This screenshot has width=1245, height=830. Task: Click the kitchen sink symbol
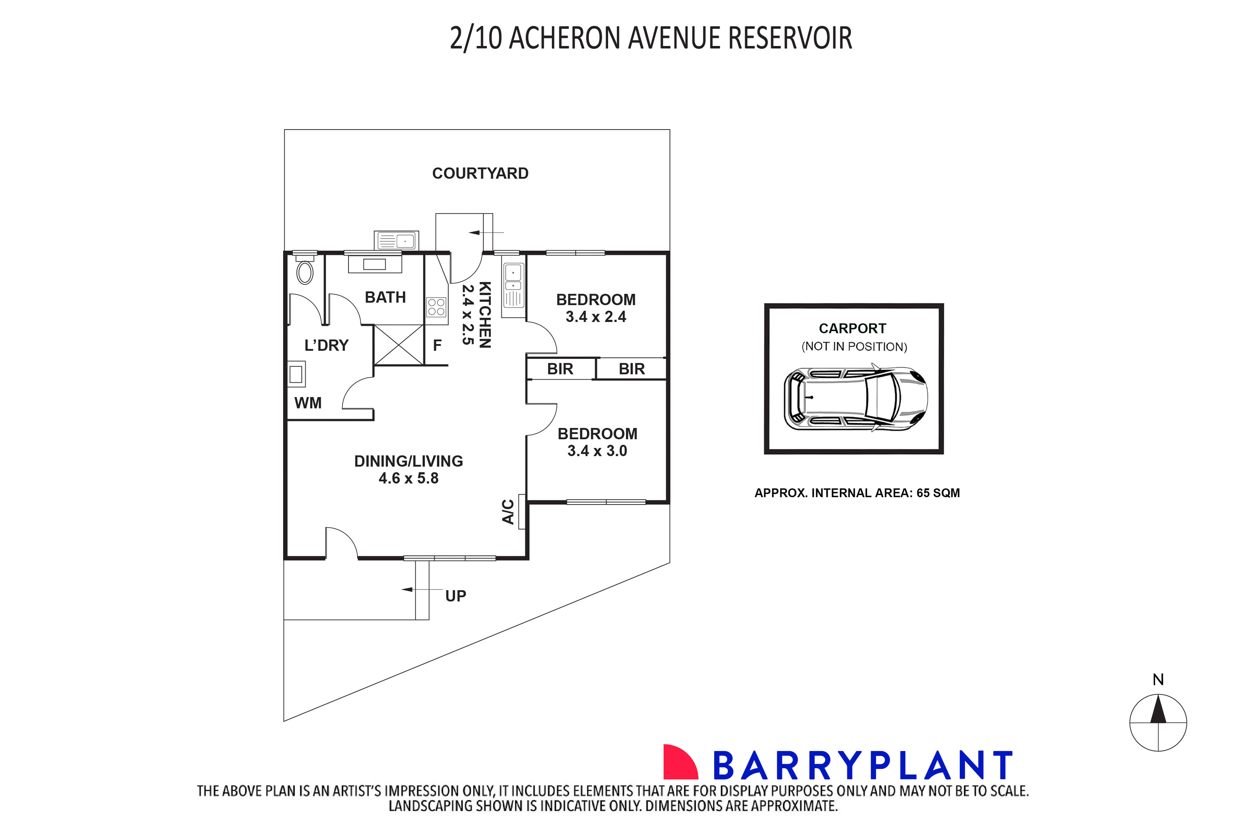tap(513, 286)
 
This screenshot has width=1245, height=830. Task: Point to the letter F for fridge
tap(437, 346)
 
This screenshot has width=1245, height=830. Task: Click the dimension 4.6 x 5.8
tap(408, 478)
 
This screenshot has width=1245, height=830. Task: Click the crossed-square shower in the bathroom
tap(398, 345)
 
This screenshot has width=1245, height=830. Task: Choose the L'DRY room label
tap(326, 346)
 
